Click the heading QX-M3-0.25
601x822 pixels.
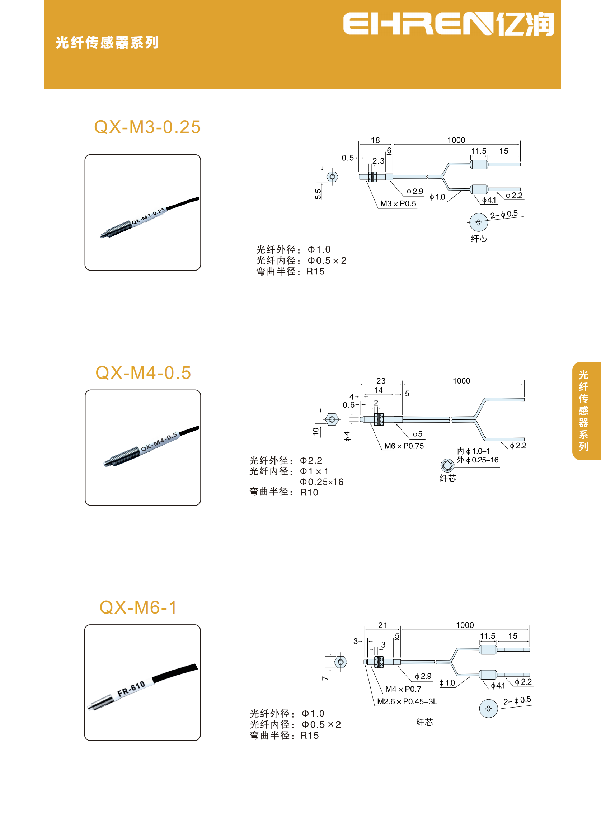(147, 127)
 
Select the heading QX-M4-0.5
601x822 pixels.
(143, 373)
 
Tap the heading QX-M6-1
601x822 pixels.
(138, 607)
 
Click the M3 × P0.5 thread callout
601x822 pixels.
(398, 204)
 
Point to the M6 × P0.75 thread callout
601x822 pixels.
(404, 446)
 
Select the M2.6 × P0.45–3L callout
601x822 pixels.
(407, 701)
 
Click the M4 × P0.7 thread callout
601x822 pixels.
(403, 689)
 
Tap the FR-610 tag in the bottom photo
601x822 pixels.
(131, 689)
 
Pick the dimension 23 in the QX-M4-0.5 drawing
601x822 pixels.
(381, 381)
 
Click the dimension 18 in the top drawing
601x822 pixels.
(375, 140)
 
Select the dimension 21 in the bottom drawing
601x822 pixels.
(382, 625)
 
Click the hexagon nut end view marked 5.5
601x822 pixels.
(332, 177)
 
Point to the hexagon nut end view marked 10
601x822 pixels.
(332, 419)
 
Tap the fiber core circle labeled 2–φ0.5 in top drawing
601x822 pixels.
(478, 222)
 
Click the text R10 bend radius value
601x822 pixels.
(309, 493)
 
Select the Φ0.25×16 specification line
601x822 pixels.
(321, 482)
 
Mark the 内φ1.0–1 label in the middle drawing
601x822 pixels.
(473, 451)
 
